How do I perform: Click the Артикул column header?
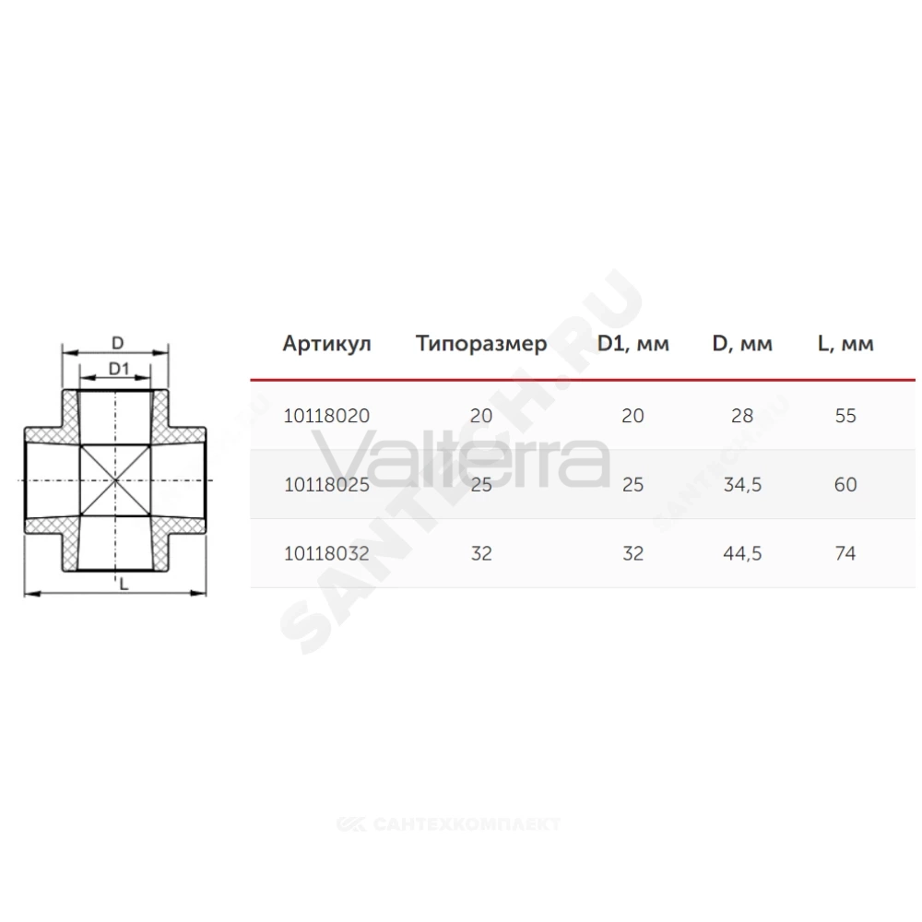pyautogui.click(x=327, y=343)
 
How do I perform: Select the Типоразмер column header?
pyautogui.click(x=481, y=343)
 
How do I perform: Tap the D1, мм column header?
pyautogui.click(x=633, y=343)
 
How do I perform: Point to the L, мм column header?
pyautogui.click(x=845, y=343)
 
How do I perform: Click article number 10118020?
pyautogui.click(x=327, y=416)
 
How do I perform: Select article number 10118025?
pyautogui.click(x=327, y=485)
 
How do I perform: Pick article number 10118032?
pyautogui.click(x=327, y=553)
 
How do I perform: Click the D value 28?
pyautogui.click(x=742, y=416)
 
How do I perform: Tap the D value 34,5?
pyautogui.click(x=742, y=485)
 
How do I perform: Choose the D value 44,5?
pyautogui.click(x=742, y=553)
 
